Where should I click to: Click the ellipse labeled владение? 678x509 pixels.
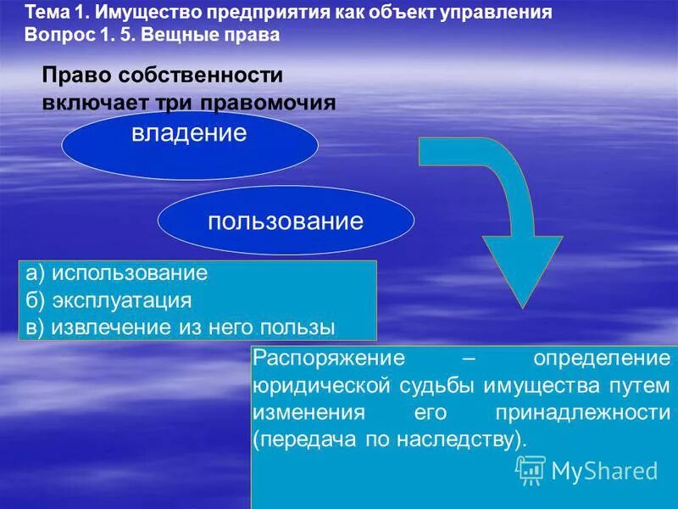tap(190, 144)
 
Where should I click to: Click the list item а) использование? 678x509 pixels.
tap(117, 273)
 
